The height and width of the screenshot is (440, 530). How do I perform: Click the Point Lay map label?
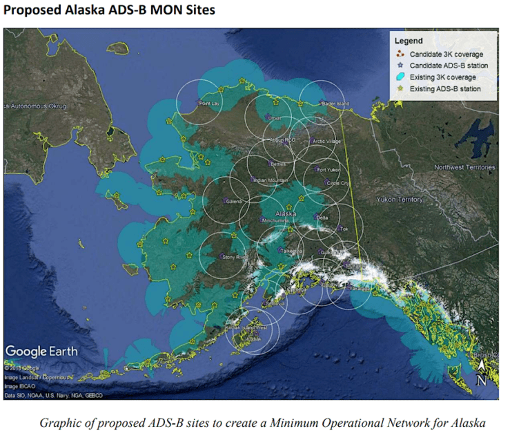(209, 104)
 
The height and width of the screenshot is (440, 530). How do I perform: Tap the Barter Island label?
(335, 104)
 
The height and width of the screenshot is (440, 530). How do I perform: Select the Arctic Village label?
(326, 141)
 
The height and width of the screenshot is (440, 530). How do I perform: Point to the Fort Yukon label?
(328, 169)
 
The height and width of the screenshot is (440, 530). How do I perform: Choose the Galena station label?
(234, 202)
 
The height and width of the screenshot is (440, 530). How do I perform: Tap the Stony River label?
(234, 256)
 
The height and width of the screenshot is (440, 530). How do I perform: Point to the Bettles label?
(278, 164)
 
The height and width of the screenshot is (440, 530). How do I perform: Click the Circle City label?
(337, 183)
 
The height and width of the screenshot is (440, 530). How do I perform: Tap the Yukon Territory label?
(400, 200)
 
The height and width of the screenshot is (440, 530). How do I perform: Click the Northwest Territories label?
(464, 167)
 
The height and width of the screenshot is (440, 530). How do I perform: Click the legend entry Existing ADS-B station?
(445, 89)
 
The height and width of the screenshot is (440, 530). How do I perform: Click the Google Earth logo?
(42, 351)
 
